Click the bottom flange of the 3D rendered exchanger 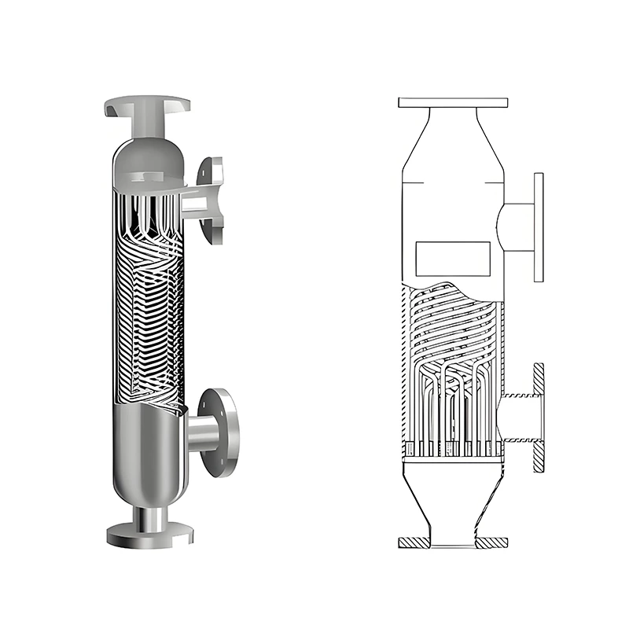[149, 535]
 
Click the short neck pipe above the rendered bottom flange [149, 517]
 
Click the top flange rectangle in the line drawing [453, 102]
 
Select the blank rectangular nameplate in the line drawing [452, 254]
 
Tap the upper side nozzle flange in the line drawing [539, 226]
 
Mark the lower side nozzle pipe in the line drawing [517, 417]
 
